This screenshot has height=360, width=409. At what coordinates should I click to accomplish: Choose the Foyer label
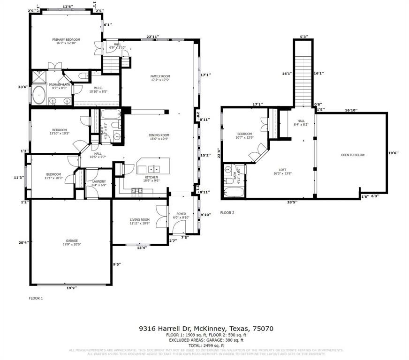click(x=181, y=215)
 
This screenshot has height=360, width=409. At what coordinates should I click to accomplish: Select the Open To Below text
click(x=353, y=155)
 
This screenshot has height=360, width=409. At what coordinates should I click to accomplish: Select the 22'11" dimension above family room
click(x=153, y=37)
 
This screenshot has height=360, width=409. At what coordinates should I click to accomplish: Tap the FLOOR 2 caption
click(x=227, y=213)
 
